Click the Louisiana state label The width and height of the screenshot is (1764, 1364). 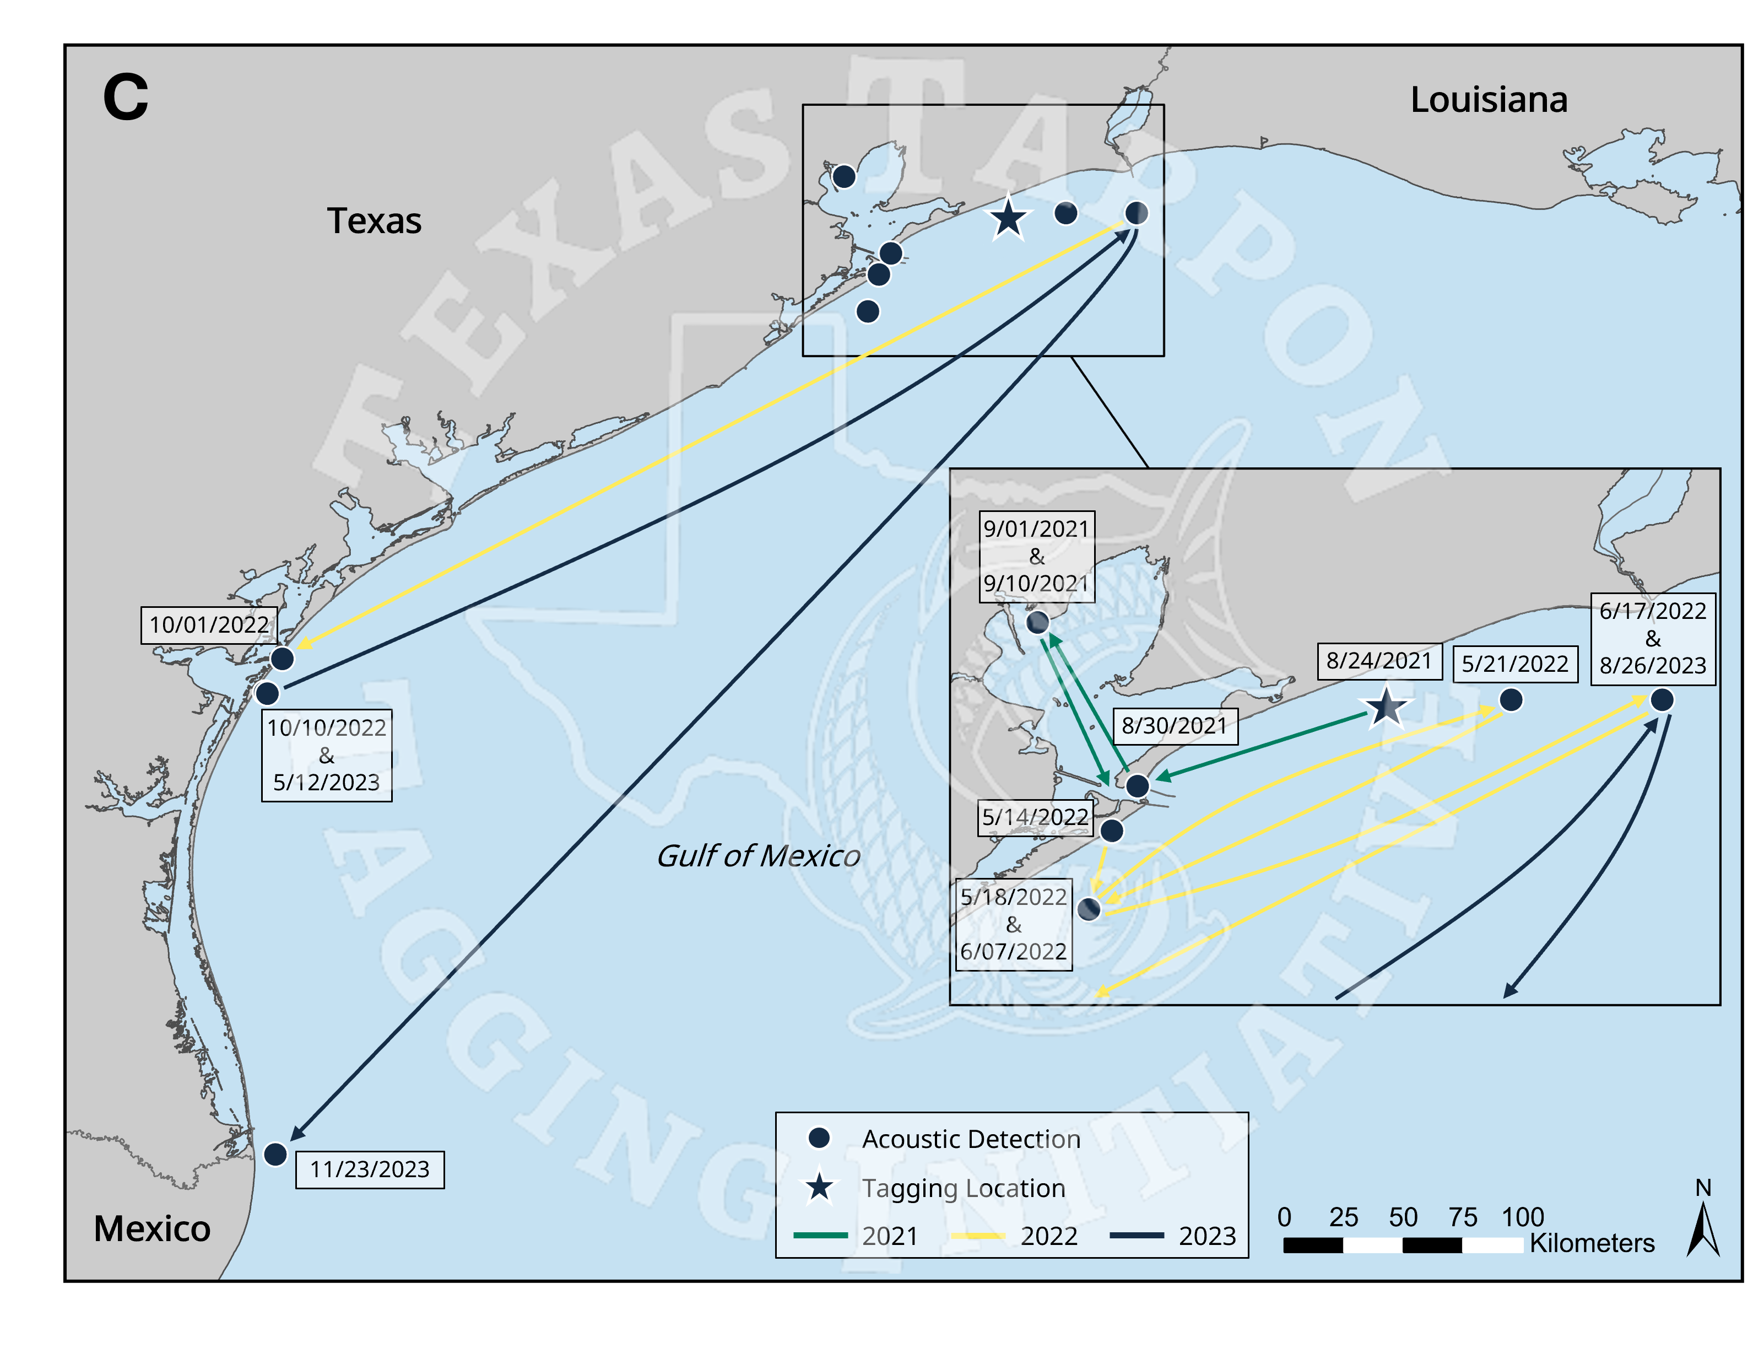tap(1489, 100)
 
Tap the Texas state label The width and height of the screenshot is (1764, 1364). tap(374, 220)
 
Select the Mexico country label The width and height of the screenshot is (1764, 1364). tap(152, 1228)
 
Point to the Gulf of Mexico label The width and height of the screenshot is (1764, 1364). tap(757, 856)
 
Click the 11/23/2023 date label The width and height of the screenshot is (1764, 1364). tap(370, 1169)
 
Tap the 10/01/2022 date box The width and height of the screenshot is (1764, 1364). tap(209, 624)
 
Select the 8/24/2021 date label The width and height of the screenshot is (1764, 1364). tap(1379, 661)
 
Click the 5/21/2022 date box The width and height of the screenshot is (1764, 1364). tap(1514, 664)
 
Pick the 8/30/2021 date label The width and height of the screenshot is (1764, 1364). tap(1175, 726)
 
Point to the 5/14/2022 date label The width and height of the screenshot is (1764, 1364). tap(1036, 817)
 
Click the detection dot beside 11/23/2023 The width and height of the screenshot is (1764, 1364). tap(275, 1154)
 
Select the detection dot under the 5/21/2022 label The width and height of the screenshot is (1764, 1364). tap(1511, 700)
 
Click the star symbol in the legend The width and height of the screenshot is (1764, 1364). tap(820, 1188)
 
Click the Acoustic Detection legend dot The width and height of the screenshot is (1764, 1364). tap(820, 1137)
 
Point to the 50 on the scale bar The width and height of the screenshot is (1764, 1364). tap(1403, 1217)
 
